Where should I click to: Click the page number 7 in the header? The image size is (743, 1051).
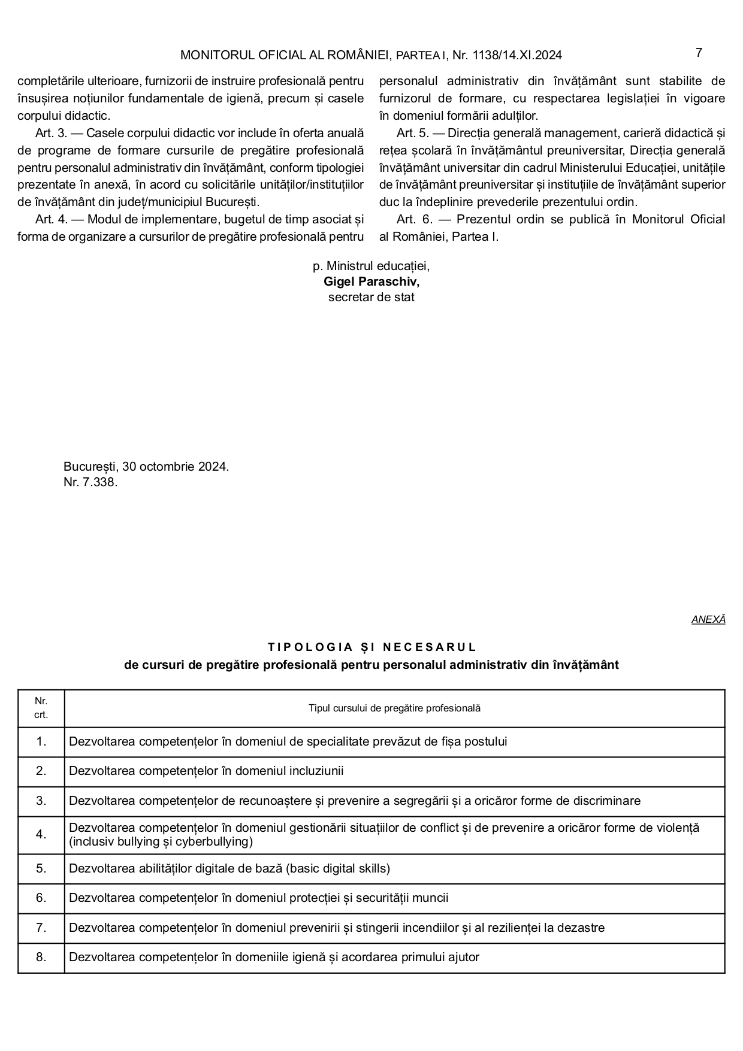[699, 53]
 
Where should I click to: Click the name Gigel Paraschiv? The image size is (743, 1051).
[371, 281]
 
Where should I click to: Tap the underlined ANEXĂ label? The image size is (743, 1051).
[708, 620]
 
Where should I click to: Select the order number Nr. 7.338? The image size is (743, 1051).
[90, 482]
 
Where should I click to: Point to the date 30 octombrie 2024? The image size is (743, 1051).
[175, 467]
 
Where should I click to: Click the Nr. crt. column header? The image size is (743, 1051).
[41, 708]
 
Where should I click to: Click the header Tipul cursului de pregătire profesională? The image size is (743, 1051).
[394, 708]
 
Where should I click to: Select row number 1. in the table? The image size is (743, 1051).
[41, 741]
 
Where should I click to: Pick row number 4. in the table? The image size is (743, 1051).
[41, 834]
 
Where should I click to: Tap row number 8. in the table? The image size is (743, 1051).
[41, 957]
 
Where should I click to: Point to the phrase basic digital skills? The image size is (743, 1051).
[339, 868]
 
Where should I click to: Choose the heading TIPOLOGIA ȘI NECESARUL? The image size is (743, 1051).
[371, 647]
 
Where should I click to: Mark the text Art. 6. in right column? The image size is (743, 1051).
[415, 219]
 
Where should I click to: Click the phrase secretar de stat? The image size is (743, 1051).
[371, 297]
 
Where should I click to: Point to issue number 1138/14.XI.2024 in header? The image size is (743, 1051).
[517, 56]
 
